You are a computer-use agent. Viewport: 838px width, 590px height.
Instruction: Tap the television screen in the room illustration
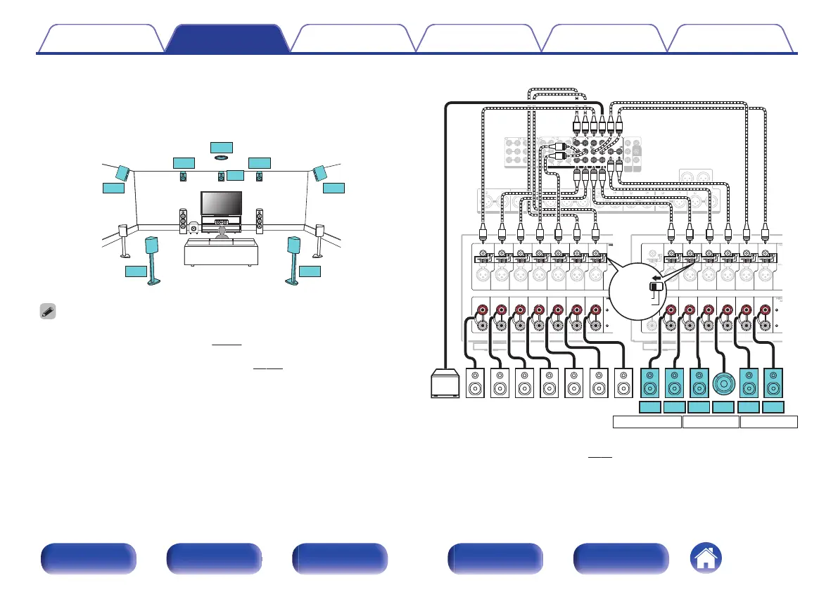pyautogui.click(x=222, y=204)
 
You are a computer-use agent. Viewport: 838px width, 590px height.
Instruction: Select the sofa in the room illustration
pyautogui.click(x=219, y=250)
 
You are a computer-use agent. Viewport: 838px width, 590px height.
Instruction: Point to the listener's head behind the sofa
pyautogui.click(x=222, y=231)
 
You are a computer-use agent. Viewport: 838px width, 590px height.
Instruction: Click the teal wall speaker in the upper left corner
pyautogui.click(x=121, y=172)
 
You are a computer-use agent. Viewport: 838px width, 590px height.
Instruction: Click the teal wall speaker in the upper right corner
pyautogui.click(x=320, y=172)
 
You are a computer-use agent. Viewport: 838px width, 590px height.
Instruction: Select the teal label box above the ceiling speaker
pyautogui.click(x=220, y=146)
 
